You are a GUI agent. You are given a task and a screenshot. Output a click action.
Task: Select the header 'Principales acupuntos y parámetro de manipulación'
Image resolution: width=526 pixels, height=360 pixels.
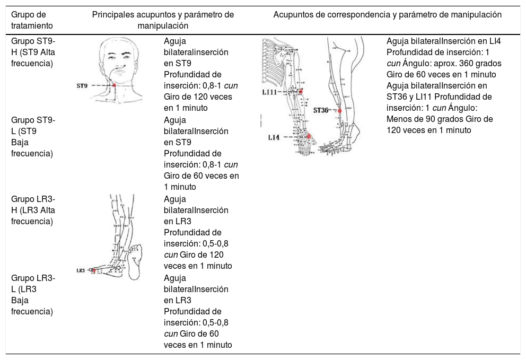pyautogui.click(x=163, y=20)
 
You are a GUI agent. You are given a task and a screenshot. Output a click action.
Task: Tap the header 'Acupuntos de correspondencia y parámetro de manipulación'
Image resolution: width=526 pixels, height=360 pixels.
pyautogui.click(x=387, y=14)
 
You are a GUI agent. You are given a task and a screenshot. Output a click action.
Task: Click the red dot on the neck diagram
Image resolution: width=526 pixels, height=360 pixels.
pyautogui.click(x=114, y=85)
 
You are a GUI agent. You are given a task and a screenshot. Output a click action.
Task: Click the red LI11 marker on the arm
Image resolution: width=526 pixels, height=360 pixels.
pyautogui.click(x=301, y=92)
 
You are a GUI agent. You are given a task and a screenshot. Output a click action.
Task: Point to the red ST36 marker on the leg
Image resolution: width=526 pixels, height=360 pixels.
pyautogui.click(x=340, y=111)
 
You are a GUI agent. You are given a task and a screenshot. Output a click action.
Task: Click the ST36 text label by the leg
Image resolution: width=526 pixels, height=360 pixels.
pyautogui.click(x=320, y=111)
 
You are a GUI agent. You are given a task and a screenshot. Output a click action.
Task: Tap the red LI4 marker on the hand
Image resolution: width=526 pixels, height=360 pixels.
pyautogui.click(x=309, y=137)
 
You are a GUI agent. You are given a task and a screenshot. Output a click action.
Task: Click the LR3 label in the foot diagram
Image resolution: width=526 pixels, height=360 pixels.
pyautogui.click(x=81, y=270)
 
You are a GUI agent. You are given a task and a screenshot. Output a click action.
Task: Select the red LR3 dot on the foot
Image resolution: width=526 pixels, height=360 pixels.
pyautogui.click(x=93, y=270)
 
